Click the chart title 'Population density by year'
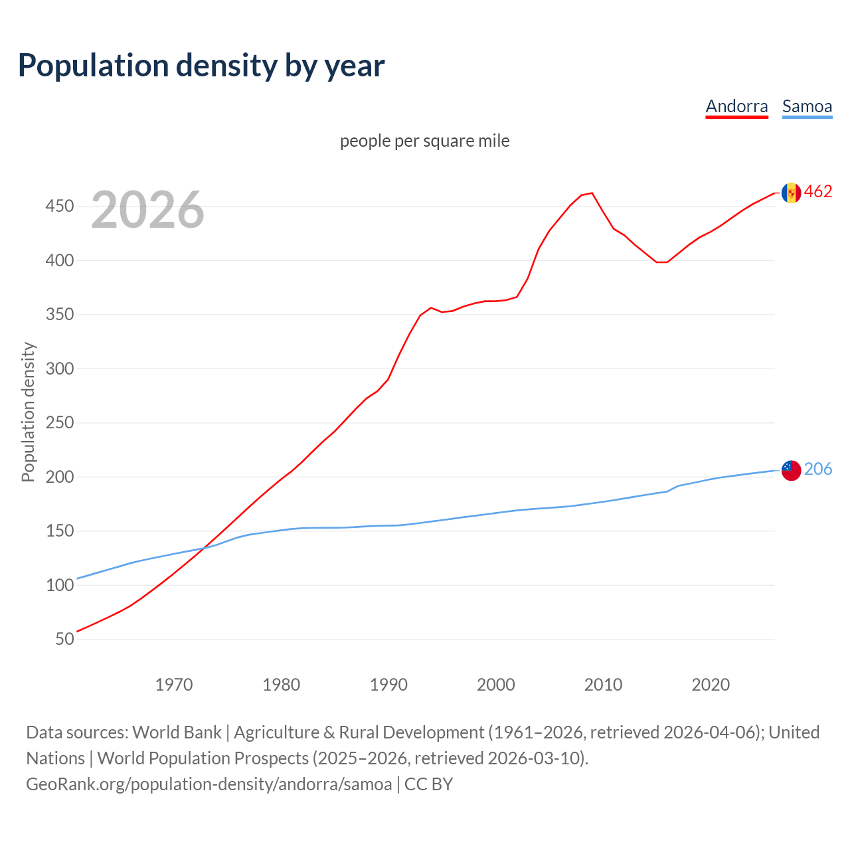201,65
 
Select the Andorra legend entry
736,106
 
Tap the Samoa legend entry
807,106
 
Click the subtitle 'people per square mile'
424,141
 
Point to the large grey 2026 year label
147,210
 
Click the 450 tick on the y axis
59,207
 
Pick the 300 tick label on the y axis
59,369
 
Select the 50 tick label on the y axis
64,639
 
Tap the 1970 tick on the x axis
174,684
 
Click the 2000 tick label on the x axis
496,684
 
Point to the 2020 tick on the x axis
711,684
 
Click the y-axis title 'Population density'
28,412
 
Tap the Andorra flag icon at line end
791,193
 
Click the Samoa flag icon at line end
791,470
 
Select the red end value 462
818,192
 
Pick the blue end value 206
818,469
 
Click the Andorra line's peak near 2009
592,193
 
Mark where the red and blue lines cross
202,549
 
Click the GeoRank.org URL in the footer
209,784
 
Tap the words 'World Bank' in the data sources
177,732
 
